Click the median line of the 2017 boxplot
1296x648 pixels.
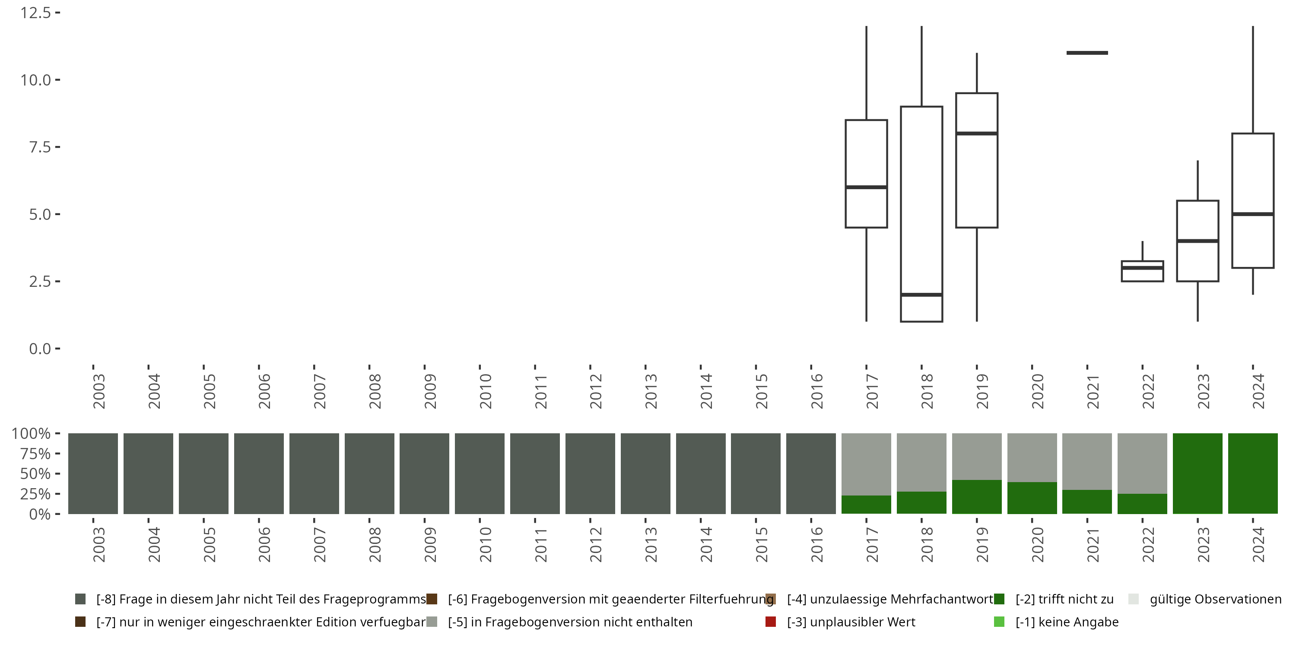click(x=866, y=187)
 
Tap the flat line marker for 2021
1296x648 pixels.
click(x=1087, y=53)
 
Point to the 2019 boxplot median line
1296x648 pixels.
click(x=976, y=133)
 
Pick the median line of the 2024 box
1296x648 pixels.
click(x=1253, y=214)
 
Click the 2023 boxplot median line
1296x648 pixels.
click(x=1198, y=241)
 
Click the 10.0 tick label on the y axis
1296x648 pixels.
click(x=36, y=80)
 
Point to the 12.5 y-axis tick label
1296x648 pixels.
click(x=36, y=13)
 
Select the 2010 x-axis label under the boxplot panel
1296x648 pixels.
click(x=485, y=391)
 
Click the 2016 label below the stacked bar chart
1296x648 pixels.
click(x=816, y=545)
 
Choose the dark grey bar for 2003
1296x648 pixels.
click(x=93, y=473)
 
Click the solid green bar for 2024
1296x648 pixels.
click(x=1253, y=473)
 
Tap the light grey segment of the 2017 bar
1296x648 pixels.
click(x=866, y=464)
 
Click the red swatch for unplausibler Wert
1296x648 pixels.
click(x=770, y=622)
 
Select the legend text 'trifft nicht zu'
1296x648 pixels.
click(x=1064, y=599)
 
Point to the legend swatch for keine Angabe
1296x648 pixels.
click(x=999, y=622)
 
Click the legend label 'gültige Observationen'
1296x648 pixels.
click(x=1215, y=599)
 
